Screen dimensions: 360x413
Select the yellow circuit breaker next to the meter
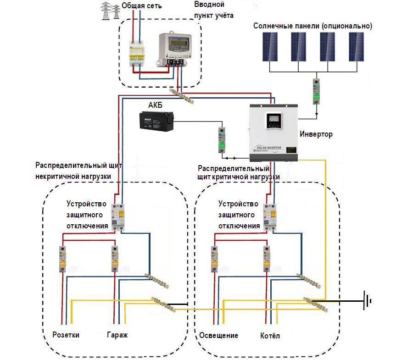pyautogui.click(x=137, y=54)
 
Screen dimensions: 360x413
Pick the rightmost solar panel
pyautogui.click(x=358, y=46)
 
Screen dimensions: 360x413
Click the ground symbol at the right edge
pyautogui.click(x=367, y=301)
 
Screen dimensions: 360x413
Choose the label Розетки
pyautogui.click(x=66, y=335)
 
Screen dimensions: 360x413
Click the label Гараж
pyautogui.click(x=117, y=335)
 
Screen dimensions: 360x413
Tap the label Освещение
pyautogui.click(x=218, y=335)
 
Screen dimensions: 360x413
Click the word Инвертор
pyautogui.click(x=316, y=134)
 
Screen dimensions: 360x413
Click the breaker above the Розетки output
pyautogui.click(x=62, y=259)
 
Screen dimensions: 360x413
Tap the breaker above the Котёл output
pyautogui.click(x=266, y=259)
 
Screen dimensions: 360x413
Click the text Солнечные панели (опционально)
pyautogui.click(x=313, y=26)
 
